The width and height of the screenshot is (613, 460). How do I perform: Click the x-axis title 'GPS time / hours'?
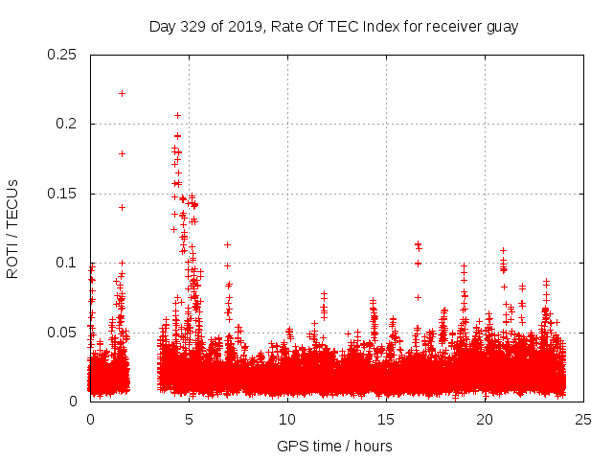(x=334, y=446)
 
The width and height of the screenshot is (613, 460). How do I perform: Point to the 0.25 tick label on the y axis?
(x=62, y=55)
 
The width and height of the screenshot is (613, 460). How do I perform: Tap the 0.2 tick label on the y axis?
(x=66, y=125)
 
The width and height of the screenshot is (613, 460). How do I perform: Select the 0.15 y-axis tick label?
(x=62, y=194)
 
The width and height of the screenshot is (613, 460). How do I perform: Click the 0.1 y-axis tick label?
(x=66, y=263)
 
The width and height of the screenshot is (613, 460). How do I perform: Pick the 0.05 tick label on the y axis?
(x=62, y=333)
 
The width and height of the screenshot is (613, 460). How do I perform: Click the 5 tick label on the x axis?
(x=189, y=419)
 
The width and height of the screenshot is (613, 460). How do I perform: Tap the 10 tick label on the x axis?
(x=287, y=419)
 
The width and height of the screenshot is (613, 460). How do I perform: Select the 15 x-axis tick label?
(x=386, y=419)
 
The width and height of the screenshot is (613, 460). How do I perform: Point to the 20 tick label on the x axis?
(x=485, y=419)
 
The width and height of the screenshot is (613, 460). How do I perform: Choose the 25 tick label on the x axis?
(x=583, y=419)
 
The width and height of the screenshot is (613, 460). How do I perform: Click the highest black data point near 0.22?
(x=122, y=93)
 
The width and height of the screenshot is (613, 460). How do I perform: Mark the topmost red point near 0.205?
(x=177, y=115)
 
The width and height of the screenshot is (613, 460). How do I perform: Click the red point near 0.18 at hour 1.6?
(x=122, y=153)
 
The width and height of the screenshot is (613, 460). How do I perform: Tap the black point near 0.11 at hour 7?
(x=227, y=244)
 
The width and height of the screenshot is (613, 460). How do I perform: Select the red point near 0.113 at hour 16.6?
(x=418, y=244)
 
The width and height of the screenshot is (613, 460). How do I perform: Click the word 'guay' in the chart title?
(x=500, y=26)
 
